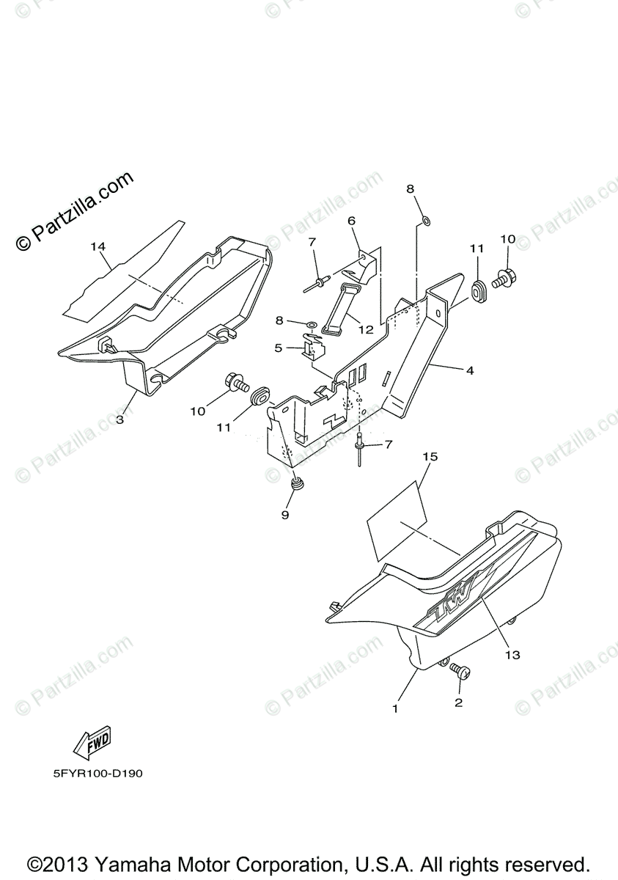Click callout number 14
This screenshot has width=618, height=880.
pyautogui.click(x=98, y=246)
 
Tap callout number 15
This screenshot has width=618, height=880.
pyautogui.click(x=430, y=457)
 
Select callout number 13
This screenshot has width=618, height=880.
pyautogui.click(x=512, y=655)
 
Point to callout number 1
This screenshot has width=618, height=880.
pyautogui.click(x=395, y=708)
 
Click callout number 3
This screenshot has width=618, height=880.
pyautogui.click(x=119, y=420)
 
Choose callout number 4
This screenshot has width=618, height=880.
pyautogui.click(x=469, y=371)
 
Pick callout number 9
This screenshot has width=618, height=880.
pyautogui.click(x=285, y=515)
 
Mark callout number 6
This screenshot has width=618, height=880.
pyautogui.click(x=351, y=220)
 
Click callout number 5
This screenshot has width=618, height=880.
pyautogui.click(x=279, y=348)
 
